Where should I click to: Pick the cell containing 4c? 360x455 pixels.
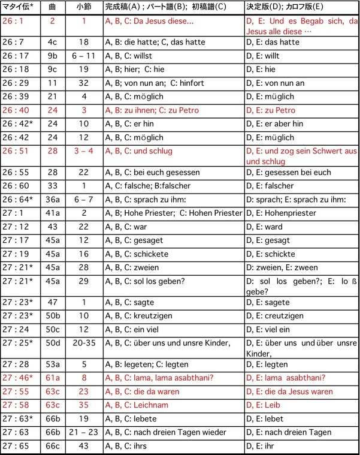[x=52, y=42]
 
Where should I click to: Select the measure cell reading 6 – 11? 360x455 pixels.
[x=84, y=56]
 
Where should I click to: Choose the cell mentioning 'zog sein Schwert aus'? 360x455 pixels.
[x=301, y=156]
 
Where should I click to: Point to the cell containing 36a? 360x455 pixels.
[x=52, y=200]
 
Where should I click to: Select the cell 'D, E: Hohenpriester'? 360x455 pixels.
[x=282, y=213]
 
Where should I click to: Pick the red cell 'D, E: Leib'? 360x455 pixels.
[x=264, y=405]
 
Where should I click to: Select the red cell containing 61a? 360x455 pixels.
[x=52, y=378]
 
